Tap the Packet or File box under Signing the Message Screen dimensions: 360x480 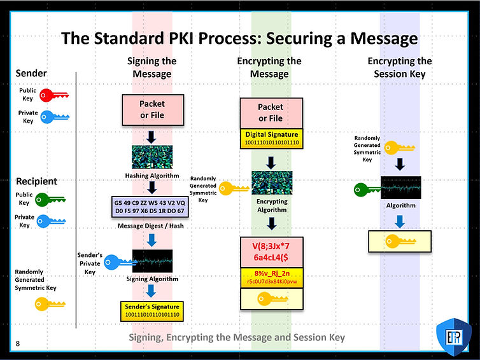[152, 109]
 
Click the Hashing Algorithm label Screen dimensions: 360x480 [152, 176]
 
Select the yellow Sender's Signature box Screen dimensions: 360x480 [152, 310]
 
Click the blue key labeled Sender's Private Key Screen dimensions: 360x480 [117, 261]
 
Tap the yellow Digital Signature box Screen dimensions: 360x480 [271, 139]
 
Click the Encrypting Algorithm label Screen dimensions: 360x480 [272, 205]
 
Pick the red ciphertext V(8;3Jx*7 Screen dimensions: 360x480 [270, 246]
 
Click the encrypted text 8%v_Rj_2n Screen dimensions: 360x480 [271, 273]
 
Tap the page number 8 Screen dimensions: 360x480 [18, 344]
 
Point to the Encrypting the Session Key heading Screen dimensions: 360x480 [399, 67]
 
